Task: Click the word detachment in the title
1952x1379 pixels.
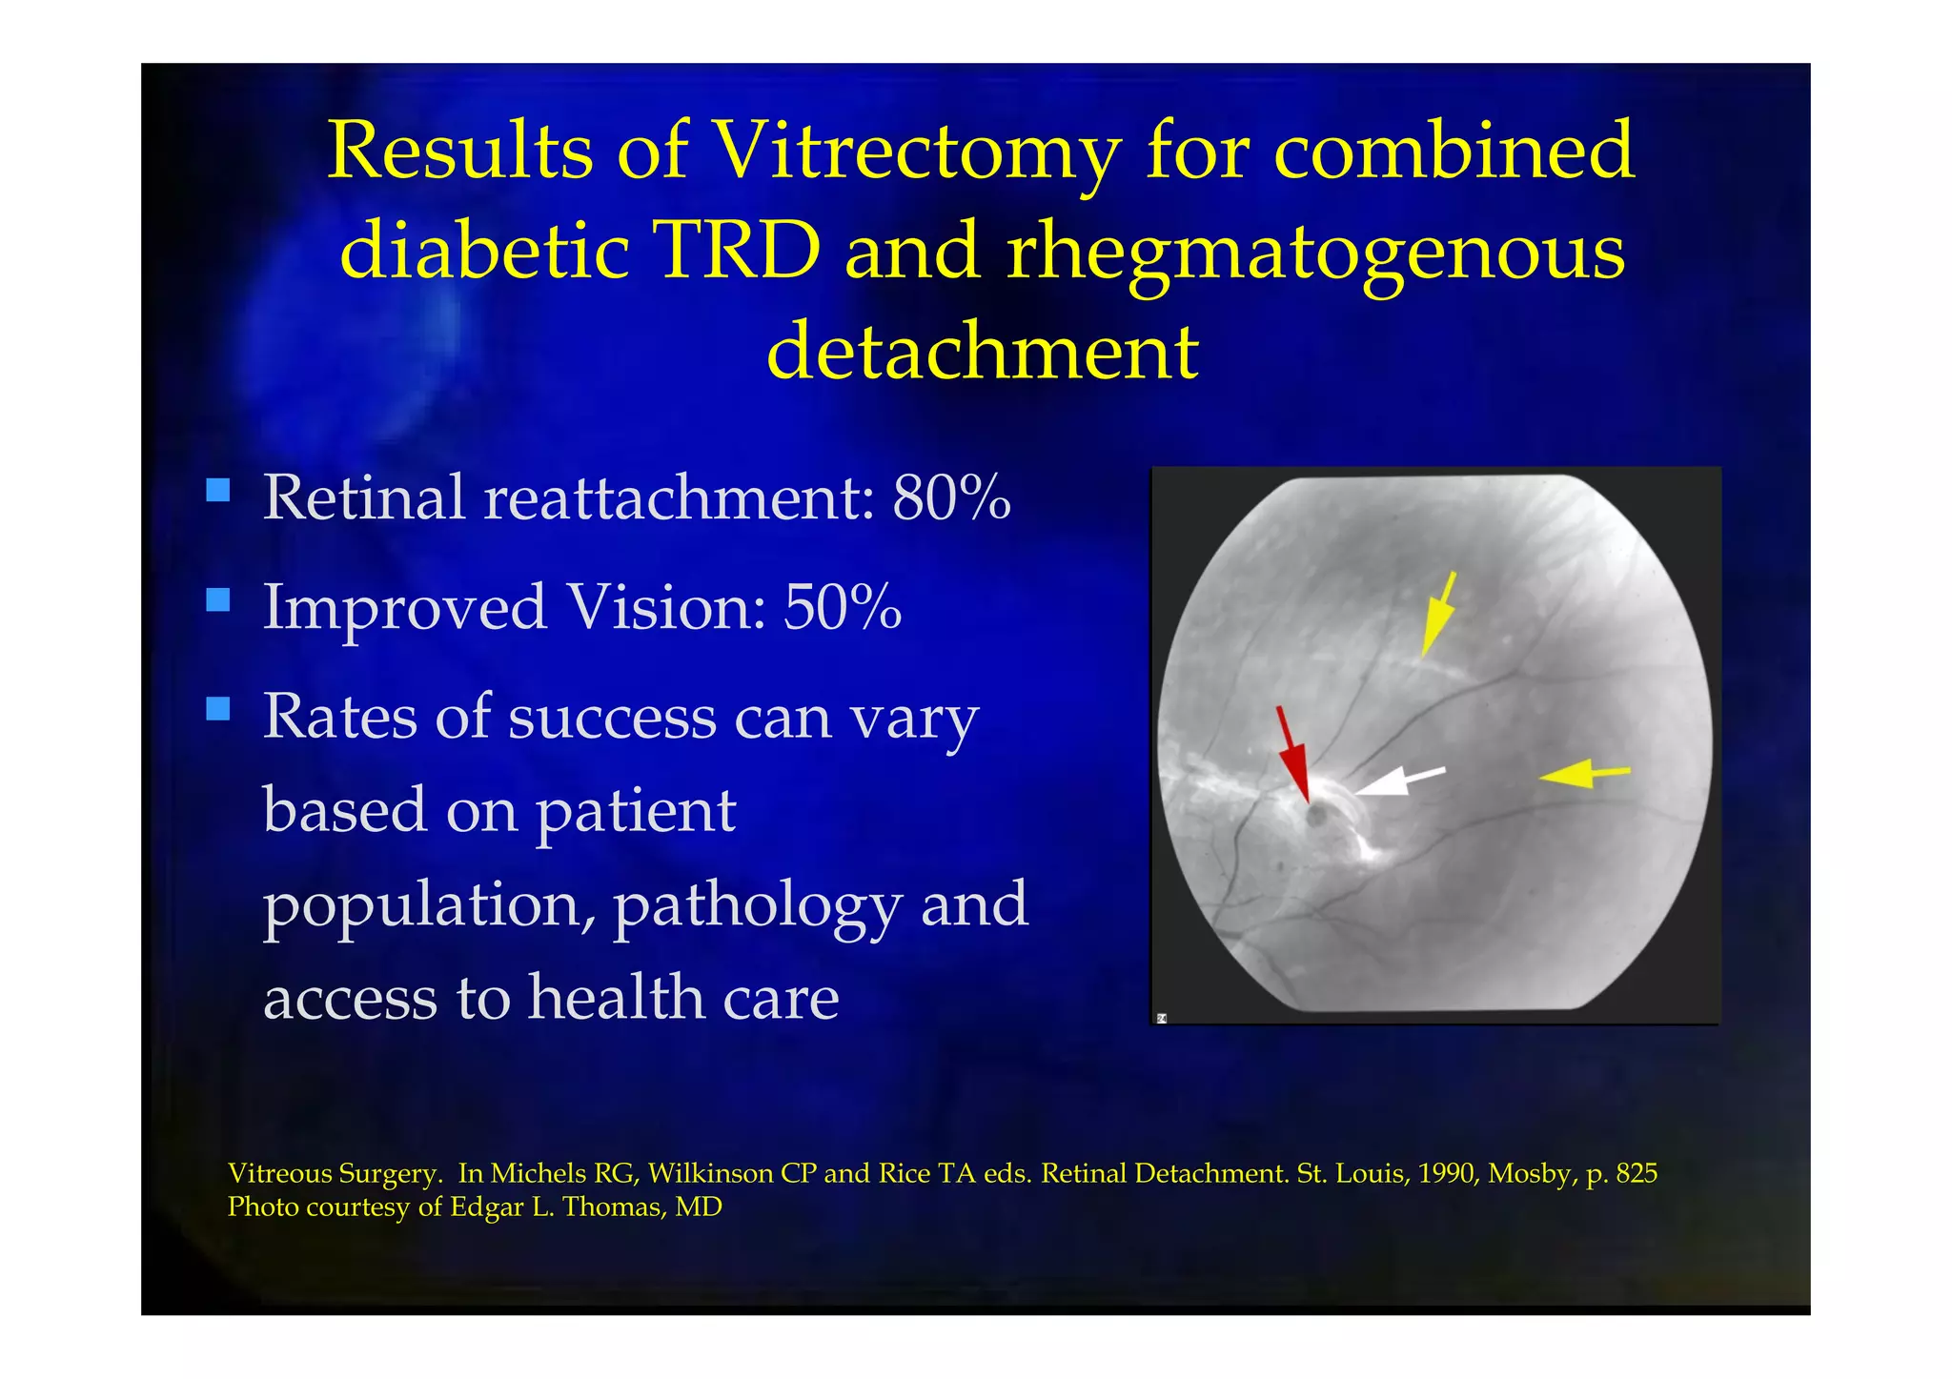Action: click(982, 351)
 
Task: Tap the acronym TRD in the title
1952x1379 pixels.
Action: click(738, 250)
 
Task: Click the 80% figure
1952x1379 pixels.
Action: click(951, 497)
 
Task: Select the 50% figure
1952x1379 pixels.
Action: click(843, 607)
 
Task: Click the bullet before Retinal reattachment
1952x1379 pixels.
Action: click(218, 491)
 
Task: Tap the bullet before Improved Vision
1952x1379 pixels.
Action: click(218, 600)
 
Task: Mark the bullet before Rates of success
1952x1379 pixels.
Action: click(218, 709)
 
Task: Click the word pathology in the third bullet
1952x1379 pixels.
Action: click(757, 905)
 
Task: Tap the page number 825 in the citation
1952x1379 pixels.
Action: click(1637, 1173)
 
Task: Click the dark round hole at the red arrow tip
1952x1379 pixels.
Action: click(1316, 816)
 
